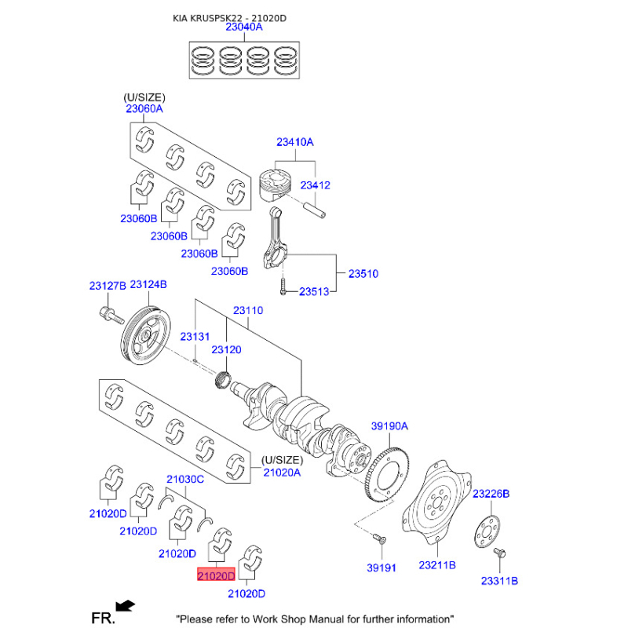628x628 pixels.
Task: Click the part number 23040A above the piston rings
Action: (244, 27)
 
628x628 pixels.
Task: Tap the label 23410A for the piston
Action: (294, 142)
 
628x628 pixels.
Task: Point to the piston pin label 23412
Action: (316, 185)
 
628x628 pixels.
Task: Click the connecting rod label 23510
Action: (363, 274)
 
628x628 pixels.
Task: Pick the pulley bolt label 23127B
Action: (108, 285)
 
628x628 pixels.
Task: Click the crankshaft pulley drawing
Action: (144, 338)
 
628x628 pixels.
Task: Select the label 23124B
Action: (148, 285)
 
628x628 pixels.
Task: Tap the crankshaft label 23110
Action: (247, 310)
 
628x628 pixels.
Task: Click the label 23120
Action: (226, 349)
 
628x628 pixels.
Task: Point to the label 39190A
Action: (390, 426)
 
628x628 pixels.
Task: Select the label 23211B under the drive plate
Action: (437, 565)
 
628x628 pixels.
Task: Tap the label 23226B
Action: (491, 493)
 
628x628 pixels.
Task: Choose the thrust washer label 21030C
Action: (184, 478)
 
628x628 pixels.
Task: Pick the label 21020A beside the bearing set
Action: (282, 472)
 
